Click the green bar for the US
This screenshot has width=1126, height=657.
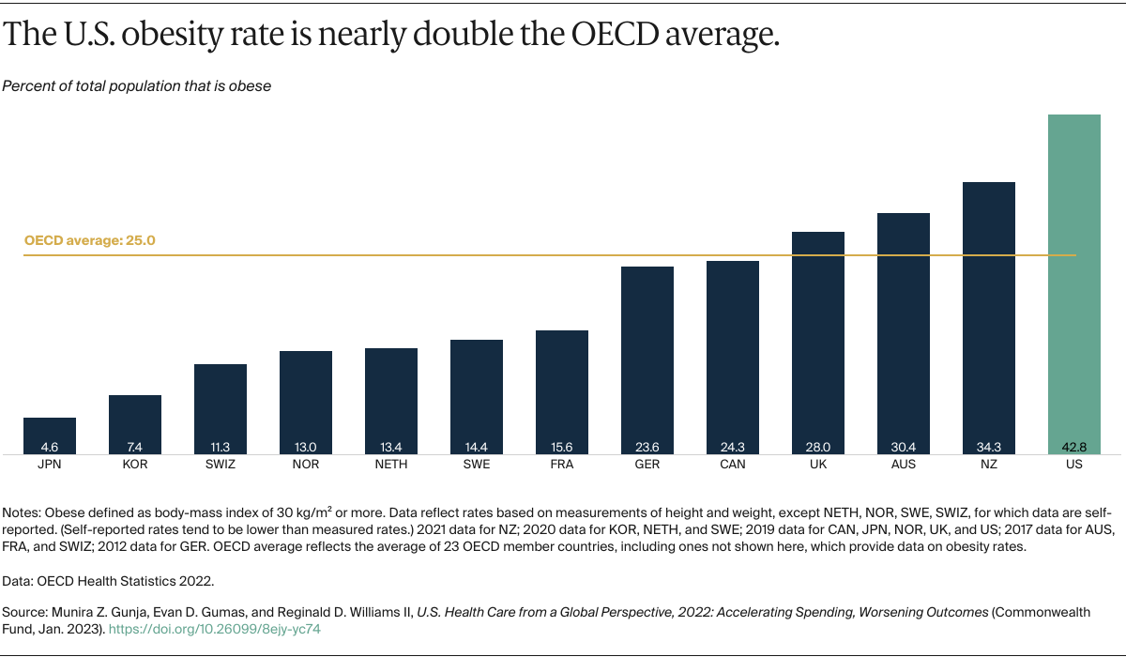[1073, 282]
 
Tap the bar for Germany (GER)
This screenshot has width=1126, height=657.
[647, 357]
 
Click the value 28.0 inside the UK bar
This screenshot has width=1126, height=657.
[818, 448]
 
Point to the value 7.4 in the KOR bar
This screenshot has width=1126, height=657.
[135, 448]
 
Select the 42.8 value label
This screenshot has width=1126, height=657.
[1073, 448]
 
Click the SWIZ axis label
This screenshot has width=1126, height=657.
[221, 465]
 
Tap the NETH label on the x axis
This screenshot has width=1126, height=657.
[391, 465]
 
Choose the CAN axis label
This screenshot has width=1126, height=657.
[733, 465]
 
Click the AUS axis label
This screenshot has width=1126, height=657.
[904, 465]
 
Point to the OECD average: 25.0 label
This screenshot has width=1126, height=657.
[89, 240]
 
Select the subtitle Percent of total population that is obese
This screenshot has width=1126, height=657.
[136, 86]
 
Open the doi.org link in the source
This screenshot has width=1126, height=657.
[215, 630]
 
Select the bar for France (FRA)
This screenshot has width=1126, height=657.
[562, 390]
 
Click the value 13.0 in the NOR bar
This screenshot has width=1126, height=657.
[306, 448]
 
